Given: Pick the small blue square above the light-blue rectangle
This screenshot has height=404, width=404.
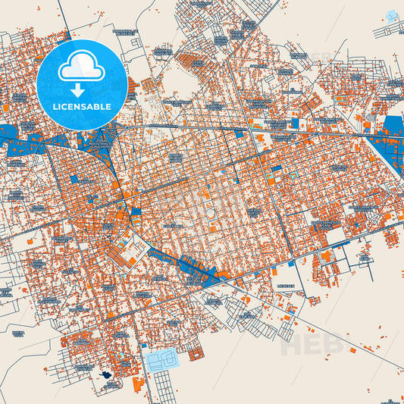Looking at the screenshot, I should pyautogui.click(x=142, y=349).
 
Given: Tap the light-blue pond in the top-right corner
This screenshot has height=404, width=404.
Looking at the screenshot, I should pyautogui.click(x=392, y=16).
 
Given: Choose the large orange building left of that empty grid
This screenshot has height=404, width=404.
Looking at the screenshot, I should pyautogui.click(x=138, y=384).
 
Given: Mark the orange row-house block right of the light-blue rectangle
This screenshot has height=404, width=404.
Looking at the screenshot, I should pyautogui.click(x=196, y=353).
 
